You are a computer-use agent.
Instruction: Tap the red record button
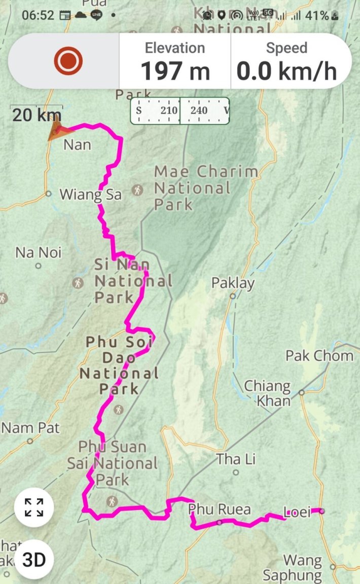[68, 61]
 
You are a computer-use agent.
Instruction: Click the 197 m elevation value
[175, 70]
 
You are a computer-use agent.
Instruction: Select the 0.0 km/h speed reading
[286, 70]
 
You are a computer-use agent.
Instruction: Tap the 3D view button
[34, 560]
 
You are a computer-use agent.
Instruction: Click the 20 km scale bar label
[37, 115]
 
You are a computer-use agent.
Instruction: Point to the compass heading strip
[180, 111]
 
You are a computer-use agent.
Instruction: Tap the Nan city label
[77, 145]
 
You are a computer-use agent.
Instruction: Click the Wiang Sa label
[91, 194]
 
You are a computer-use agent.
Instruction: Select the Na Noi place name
[39, 252]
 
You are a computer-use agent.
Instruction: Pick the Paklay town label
[233, 283]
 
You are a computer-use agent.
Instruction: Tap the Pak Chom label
[319, 355]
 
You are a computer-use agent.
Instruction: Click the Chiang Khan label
[267, 393]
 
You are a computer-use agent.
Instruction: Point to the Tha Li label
[236, 460]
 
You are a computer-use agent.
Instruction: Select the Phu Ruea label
[219, 508]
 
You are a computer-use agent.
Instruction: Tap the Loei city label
[297, 512]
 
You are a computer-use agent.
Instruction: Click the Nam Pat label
[30, 428]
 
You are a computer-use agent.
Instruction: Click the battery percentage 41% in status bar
[317, 15]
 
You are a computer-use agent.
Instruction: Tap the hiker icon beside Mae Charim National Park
[137, 190]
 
